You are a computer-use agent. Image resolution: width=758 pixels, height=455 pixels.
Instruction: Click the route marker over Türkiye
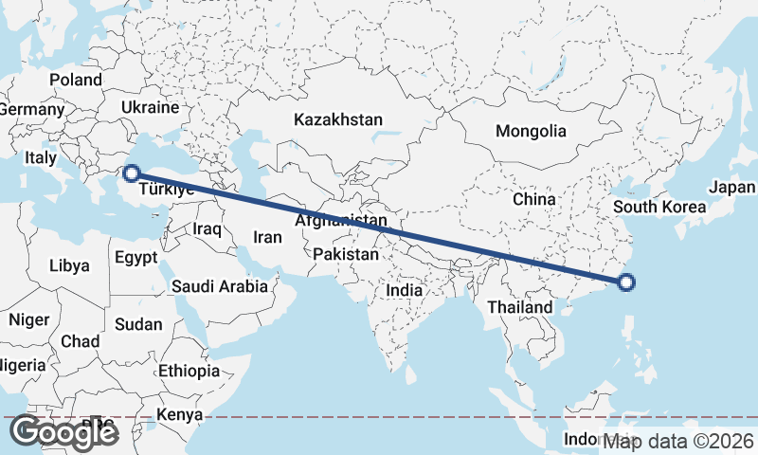tap(132, 173)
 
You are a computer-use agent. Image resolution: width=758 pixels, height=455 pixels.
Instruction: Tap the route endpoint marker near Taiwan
tap(625, 282)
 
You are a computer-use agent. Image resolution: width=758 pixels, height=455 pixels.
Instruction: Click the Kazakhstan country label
tap(338, 120)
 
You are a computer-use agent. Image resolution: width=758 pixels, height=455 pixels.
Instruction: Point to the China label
tap(533, 199)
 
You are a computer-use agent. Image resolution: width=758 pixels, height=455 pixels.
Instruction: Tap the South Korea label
tap(659, 207)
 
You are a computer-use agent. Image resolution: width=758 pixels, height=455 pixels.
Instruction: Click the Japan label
tap(732, 188)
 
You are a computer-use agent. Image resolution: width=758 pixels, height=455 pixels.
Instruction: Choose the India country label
tap(405, 290)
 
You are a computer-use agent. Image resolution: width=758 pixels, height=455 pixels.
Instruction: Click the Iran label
tap(268, 237)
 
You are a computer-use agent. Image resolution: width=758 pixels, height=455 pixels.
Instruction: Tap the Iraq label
tap(207, 229)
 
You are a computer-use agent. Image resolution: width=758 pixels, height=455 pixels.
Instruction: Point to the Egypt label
tap(136, 257)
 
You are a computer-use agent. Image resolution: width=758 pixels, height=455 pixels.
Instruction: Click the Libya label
tap(71, 265)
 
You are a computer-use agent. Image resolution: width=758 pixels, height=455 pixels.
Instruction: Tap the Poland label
tap(76, 81)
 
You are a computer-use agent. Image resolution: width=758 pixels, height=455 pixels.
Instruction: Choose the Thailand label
tap(519, 308)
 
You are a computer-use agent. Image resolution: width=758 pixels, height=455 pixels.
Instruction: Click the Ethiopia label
tap(189, 371)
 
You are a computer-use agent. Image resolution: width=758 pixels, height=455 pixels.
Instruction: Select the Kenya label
tap(179, 414)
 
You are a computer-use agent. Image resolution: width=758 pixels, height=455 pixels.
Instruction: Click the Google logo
tap(63, 433)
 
